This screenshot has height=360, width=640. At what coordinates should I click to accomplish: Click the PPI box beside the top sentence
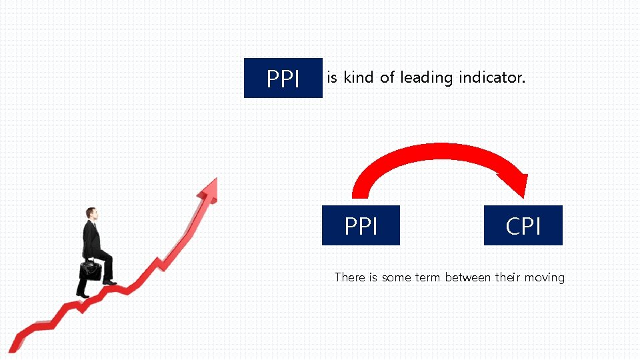pos(283,79)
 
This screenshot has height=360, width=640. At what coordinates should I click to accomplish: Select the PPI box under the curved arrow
pos(361,226)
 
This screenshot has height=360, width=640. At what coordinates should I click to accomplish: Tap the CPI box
pos(523,226)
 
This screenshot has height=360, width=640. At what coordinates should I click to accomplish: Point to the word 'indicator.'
pos(492,78)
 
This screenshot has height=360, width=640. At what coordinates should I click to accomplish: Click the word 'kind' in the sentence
pos(359,78)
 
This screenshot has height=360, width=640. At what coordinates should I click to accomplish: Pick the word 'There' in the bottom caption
pos(349,277)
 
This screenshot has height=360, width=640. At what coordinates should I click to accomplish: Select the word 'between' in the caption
pos(468,277)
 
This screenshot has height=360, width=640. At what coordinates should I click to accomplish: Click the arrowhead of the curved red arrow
pos(515,183)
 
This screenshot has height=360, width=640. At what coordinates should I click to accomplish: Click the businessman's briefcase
pos(91,269)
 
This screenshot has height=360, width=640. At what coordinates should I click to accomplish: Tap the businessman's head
pos(91,214)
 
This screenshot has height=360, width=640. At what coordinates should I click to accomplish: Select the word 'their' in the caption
pos(511,277)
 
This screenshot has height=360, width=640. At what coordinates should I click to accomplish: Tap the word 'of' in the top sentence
pos(387,78)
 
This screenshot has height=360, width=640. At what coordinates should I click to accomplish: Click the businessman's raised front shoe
pos(109,283)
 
